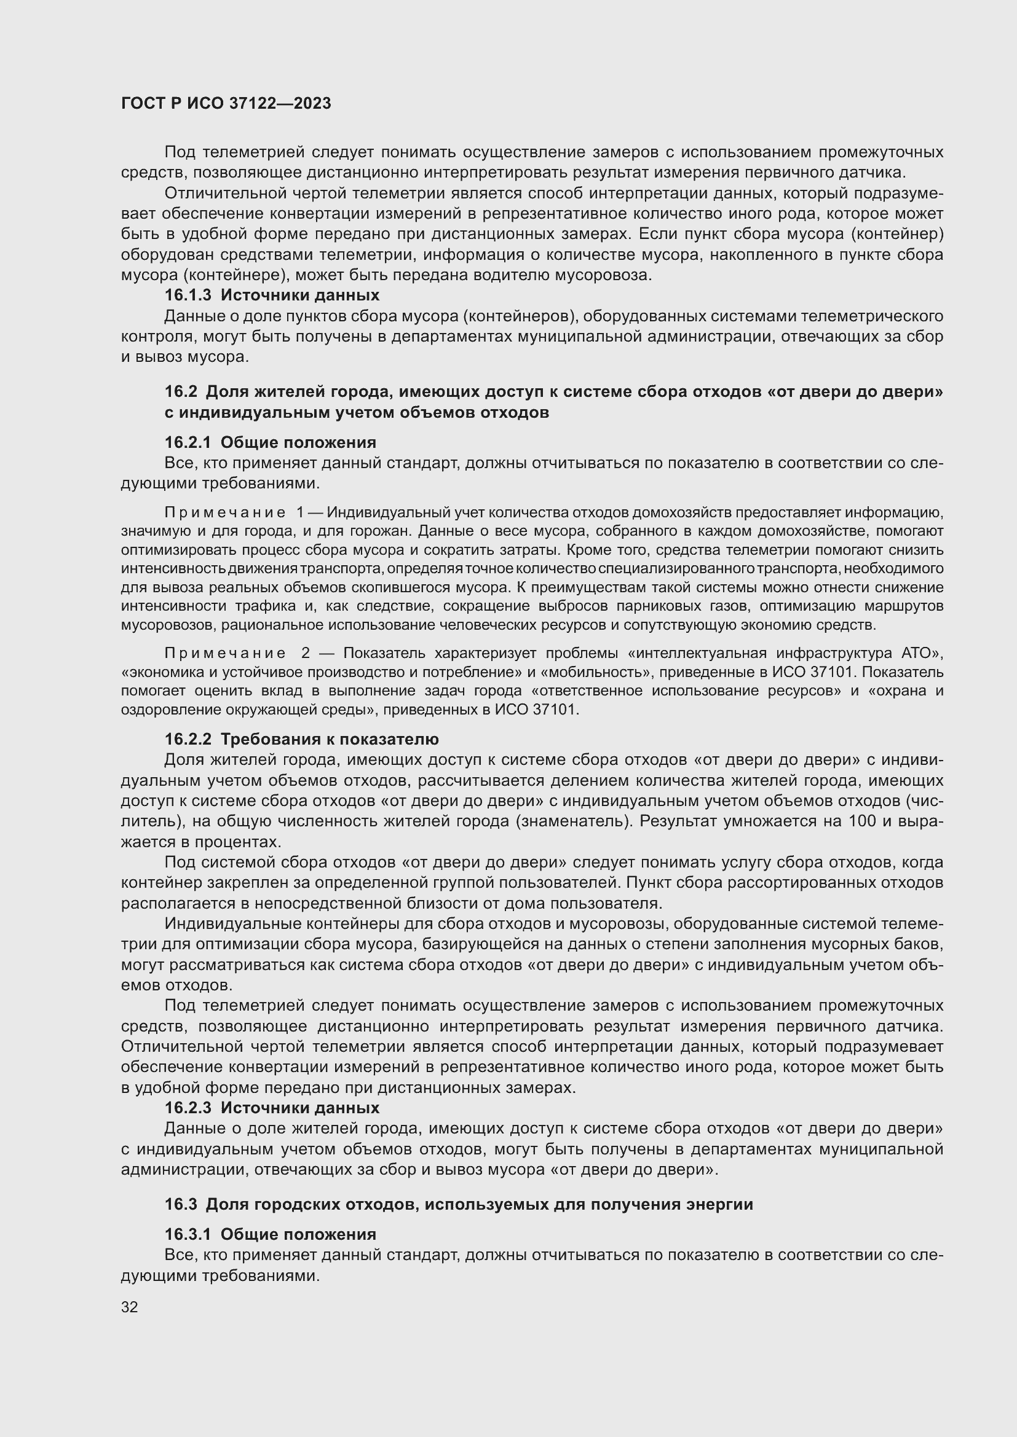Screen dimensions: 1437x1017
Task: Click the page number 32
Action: pyautogui.click(x=129, y=1307)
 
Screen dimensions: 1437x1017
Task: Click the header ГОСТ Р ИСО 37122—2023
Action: pyautogui.click(x=226, y=104)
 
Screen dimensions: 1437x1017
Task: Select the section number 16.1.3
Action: pyautogui.click(x=188, y=296)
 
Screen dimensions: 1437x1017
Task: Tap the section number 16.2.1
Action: pyautogui.click(x=188, y=442)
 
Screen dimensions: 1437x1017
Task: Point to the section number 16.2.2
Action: pyautogui.click(x=188, y=739)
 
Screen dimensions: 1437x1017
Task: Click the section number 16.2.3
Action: pyautogui.click(x=188, y=1108)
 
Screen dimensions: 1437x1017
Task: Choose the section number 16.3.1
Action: pyautogui.click(x=188, y=1234)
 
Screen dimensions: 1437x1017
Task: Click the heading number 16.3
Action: pyautogui.click(x=181, y=1204)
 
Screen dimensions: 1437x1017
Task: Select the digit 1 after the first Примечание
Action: pyautogui.click(x=301, y=512)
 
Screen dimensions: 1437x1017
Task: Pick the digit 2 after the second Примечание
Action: pyautogui.click(x=306, y=654)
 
